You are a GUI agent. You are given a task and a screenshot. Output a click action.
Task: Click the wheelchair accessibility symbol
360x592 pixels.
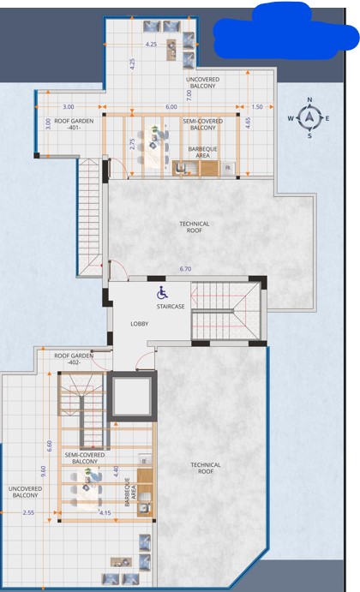163,293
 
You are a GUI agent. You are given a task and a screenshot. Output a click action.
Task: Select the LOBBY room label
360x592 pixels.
140,324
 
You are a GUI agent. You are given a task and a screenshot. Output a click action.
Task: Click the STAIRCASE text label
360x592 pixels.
171,307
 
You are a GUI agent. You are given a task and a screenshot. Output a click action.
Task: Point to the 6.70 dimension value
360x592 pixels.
185,269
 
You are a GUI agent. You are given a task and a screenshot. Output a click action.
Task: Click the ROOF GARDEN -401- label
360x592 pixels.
74,124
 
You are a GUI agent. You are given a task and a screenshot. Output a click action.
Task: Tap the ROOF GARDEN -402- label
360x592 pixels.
74,359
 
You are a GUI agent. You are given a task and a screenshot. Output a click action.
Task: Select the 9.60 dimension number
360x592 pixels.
43,471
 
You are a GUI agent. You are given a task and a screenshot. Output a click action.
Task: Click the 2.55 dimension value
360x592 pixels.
28,512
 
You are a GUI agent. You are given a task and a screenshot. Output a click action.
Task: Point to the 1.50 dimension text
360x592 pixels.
257,107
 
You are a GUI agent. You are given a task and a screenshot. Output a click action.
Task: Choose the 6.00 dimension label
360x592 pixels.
171,107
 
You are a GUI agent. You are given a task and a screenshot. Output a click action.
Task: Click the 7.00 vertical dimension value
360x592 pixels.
189,95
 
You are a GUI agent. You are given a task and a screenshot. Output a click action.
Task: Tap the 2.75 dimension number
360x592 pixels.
132,144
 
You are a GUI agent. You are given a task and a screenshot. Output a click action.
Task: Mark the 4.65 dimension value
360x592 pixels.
248,123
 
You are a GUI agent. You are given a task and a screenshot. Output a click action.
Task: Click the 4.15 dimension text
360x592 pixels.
105,512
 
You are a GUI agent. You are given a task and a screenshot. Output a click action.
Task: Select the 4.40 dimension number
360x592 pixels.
116,471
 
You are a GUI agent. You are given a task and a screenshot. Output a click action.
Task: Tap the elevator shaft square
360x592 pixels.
132,397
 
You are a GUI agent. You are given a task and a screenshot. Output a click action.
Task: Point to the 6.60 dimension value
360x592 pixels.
50,445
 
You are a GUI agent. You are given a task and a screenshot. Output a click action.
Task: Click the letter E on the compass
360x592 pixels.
327,118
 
